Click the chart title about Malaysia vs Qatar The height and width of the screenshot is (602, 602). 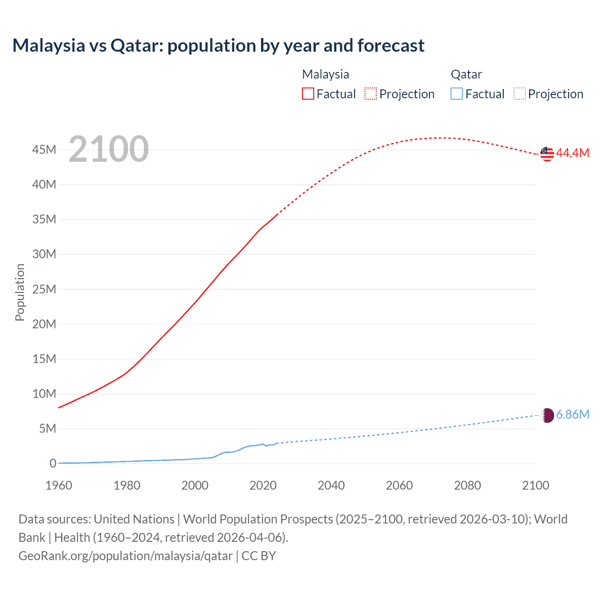[x=218, y=46]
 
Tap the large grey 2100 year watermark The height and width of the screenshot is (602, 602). [x=109, y=149]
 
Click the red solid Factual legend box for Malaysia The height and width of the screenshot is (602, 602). [x=308, y=94]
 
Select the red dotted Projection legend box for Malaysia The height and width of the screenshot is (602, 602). [x=371, y=94]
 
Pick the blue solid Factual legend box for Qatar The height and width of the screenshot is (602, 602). [x=457, y=94]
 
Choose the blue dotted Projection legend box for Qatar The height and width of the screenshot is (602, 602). [x=520, y=94]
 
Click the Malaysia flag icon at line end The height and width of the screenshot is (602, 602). [x=547, y=154]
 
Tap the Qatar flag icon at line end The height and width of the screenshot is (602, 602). [x=547, y=415]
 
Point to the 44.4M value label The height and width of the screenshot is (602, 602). [x=572, y=153]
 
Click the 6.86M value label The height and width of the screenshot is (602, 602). [x=572, y=414]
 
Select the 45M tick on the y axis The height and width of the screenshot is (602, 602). [x=44, y=150]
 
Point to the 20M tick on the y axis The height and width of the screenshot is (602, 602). [x=44, y=324]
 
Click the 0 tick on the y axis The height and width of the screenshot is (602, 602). [x=53, y=463]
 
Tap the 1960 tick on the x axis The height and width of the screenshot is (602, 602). [x=59, y=485]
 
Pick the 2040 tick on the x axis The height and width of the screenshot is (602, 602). [x=331, y=485]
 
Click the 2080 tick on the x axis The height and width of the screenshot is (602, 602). [x=467, y=485]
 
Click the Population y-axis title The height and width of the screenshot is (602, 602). [x=20, y=292]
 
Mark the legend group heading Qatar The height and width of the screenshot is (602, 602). [x=466, y=74]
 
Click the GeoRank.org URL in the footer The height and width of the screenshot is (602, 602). [x=125, y=556]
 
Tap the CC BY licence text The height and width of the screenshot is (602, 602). [x=259, y=556]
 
